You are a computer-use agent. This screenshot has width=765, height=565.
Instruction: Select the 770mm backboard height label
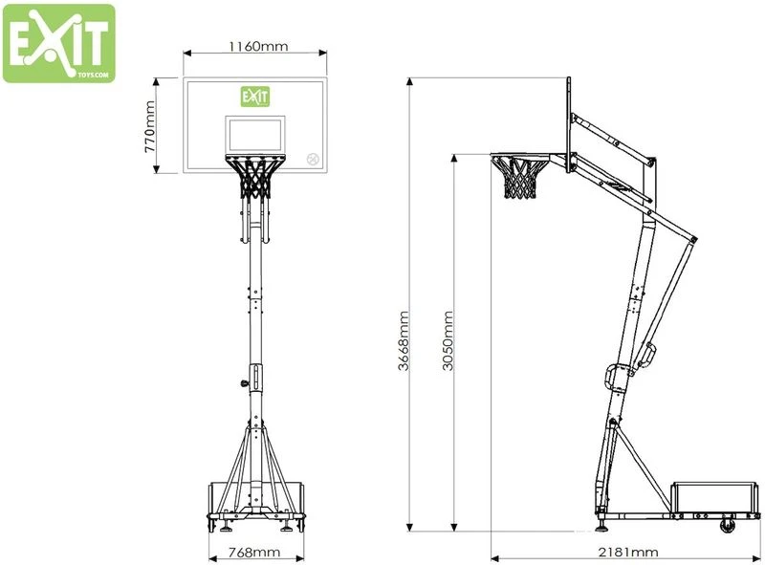click(149, 126)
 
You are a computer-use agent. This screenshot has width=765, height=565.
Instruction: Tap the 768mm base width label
click(254, 552)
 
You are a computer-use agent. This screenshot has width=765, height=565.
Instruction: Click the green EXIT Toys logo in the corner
click(58, 43)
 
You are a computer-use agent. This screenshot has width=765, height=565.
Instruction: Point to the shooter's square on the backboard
click(254, 134)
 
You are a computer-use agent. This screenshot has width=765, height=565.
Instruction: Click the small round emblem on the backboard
click(312, 159)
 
